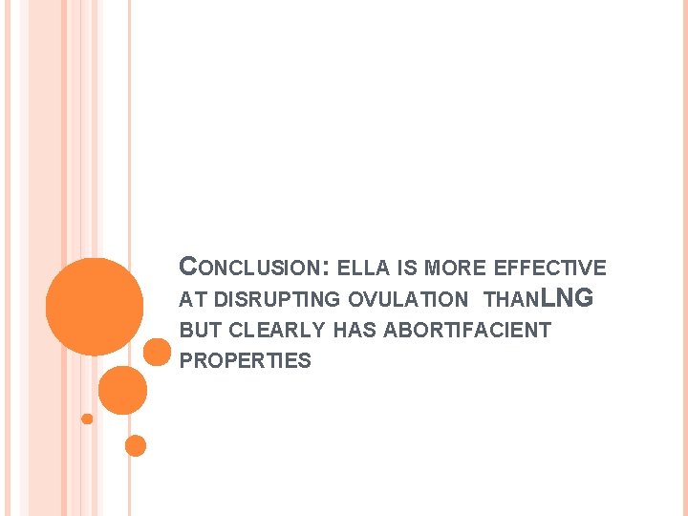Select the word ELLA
click(363, 269)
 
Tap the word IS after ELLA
click(406, 269)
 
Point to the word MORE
click(451, 269)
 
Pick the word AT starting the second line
click(193, 299)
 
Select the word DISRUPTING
click(277, 299)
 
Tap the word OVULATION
click(409, 299)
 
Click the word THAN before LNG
click(512, 299)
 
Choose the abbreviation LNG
click(568, 298)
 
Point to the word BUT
click(200, 331)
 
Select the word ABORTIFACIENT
click(465, 331)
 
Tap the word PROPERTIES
click(246, 361)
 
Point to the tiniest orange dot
click(87, 419)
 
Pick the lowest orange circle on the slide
click(136, 445)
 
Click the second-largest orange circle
click(122, 390)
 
